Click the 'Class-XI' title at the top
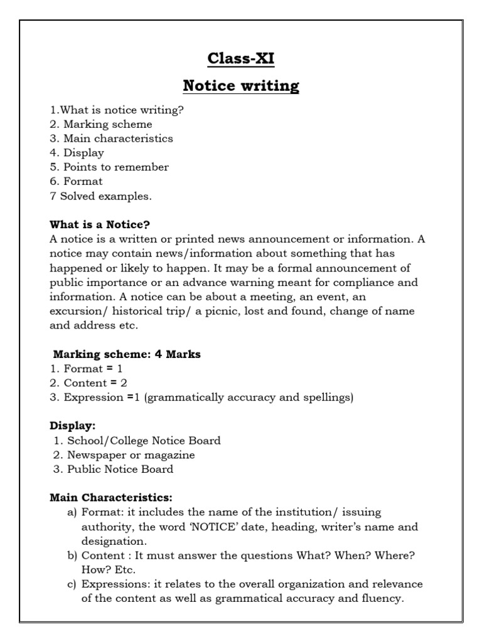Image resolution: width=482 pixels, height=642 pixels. tap(241, 59)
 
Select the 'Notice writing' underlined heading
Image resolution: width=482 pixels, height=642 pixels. tap(241, 85)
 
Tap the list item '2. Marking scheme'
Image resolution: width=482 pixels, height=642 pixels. tap(101, 124)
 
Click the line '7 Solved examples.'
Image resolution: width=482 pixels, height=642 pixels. tap(100, 196)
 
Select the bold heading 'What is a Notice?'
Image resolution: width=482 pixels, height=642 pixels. tap(100, 224)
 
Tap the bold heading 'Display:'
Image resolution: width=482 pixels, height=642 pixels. tap(73, 426)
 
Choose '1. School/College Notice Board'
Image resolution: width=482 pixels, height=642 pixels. tap(137, 441)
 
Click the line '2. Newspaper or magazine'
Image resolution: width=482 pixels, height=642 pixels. tap(124, 455)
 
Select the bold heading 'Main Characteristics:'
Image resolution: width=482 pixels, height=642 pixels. tap(111, 498)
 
